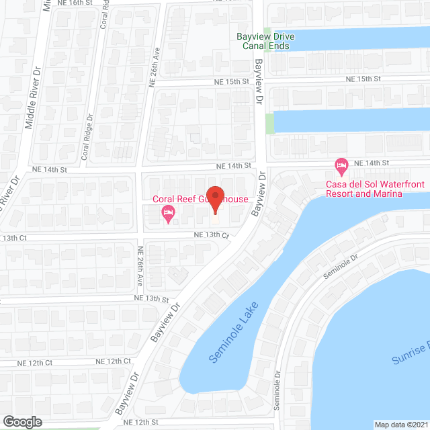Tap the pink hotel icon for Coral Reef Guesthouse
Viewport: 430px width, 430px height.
168,215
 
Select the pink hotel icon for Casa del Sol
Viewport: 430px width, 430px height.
341,165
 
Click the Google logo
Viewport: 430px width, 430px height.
21,421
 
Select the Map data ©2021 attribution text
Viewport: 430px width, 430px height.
400,424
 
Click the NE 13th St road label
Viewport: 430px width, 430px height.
150,297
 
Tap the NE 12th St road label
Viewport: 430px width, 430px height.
142,421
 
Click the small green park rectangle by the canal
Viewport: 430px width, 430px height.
270,123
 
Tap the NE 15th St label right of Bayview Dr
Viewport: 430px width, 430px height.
363,79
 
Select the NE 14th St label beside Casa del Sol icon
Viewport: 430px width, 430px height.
372,163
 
